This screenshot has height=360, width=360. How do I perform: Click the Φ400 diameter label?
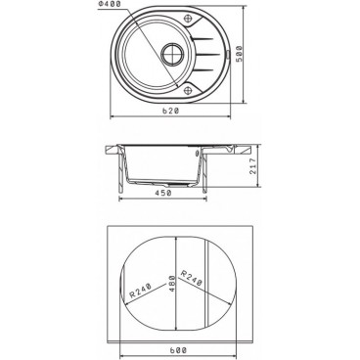click(x=110, y=4)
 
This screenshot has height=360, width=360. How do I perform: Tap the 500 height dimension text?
click(x=240, y=55)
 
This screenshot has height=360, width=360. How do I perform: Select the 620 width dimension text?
click(x=171, y=111)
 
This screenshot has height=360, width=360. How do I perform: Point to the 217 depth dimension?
click(x=253, y=166)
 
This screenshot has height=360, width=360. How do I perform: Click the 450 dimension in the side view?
click(x=162, y=193)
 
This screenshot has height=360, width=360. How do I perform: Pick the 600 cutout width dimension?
click(x=178, y=350)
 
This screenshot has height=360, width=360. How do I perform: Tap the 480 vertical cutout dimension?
click(x=172, y=284)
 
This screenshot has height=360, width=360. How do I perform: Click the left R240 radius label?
click(x=141, y=291)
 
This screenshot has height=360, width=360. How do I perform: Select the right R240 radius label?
click(x=192, y=278)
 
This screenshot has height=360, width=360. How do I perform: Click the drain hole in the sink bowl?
click(x=172, y=53)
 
